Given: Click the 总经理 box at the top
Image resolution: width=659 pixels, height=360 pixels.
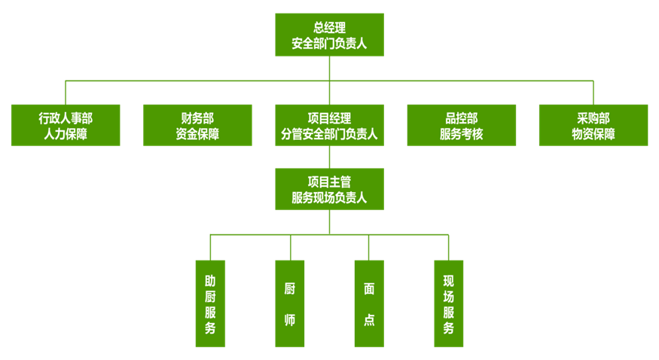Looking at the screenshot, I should pyautogui.click(x=329, y=35).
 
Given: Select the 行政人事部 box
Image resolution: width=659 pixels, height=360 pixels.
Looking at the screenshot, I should pyautogui.click(x=66, y=125).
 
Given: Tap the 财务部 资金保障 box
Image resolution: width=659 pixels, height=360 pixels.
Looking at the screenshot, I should pyautogui.click(x=197, y=125).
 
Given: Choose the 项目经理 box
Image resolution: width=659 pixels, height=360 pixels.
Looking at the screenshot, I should pyautogui.click(x=329, y=125).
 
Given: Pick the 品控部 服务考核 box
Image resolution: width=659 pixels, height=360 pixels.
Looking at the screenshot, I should pyautogui.click(x=461, y=125).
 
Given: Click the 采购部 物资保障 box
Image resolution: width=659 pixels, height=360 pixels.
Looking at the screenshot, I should pyautogui.click(x=593, y=125).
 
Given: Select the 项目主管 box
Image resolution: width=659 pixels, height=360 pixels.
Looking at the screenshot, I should pyautogui.click(x=329, y=189).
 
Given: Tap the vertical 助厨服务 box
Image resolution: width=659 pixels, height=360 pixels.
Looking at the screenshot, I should pyautogui.click(x=210, y=304).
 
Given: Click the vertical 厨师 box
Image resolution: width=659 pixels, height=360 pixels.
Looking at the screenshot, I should pyautogui.click(x=290, y=304).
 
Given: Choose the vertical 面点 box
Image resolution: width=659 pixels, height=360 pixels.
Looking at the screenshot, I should pyautogui.click(x=369, y=304).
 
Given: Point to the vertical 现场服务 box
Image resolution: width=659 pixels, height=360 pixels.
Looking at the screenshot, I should pyautogui.click(x=449, y=304).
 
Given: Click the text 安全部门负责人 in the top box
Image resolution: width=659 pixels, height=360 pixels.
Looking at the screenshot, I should pyautogui.click(x=329, y=44).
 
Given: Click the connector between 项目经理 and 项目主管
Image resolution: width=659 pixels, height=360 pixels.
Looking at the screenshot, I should pyautogui.click(x=329, y=157).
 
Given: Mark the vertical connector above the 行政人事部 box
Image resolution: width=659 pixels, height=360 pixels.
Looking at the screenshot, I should pyautogui.click(x=66, y=92).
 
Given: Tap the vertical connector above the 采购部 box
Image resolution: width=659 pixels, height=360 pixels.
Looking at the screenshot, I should pyautogui.click(x=593, y=92).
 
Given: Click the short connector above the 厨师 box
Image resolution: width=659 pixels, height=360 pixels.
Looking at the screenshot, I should pyautogui.click(x=290, y=248).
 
